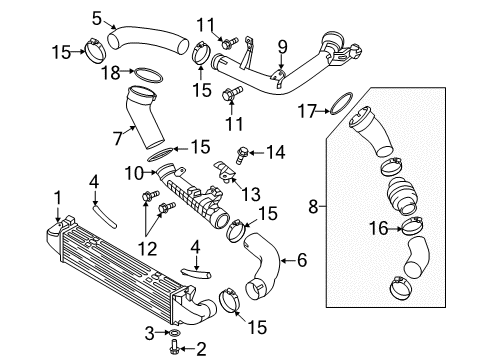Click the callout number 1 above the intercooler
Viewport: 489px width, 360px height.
pos(58,198)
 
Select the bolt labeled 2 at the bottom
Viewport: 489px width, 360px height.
pos(174,347)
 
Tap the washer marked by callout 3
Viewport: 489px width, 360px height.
pos(175,332)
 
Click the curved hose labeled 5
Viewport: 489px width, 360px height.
pos(147,40)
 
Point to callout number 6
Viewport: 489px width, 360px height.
pos(302,260)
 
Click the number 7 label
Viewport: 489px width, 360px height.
pos(117,138)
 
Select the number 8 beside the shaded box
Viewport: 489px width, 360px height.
pos(313,206)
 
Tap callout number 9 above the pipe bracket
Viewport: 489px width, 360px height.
pos(282,47)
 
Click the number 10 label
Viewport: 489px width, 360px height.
pos(134,173)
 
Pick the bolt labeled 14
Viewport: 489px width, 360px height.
pos(241,155)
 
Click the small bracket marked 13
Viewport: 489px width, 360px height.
pos(226,172)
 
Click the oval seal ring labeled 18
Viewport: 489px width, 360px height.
pos(148,75)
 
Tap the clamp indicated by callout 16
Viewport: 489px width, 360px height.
pos(413,226)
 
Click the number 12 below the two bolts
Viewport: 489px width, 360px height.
pos(147,248)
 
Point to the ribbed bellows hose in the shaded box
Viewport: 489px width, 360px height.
pos(401,196)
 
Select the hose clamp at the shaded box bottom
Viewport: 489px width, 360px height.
pos(401,288)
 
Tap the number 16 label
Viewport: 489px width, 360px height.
pos(378,229)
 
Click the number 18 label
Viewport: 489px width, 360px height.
pos(111,72)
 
